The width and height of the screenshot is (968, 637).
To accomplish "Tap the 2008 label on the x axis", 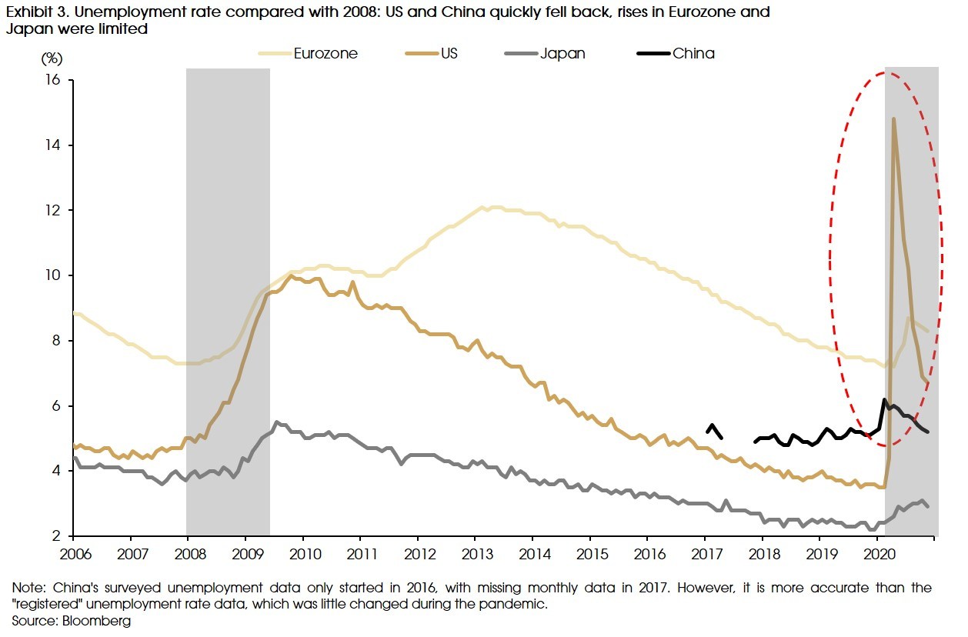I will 188,553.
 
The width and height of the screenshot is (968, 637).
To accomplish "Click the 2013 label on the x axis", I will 475,553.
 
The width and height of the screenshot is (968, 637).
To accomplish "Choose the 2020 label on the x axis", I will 878,553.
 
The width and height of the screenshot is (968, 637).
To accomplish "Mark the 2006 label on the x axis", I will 73,553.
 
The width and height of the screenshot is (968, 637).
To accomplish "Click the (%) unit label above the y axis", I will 52,58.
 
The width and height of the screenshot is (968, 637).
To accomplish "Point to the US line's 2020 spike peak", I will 893,119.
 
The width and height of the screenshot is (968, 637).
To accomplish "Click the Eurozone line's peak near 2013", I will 482,207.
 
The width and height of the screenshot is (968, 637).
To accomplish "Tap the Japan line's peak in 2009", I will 277,422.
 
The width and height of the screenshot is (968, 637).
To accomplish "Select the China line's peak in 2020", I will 885,400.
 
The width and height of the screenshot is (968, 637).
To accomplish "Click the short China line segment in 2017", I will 713,429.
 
